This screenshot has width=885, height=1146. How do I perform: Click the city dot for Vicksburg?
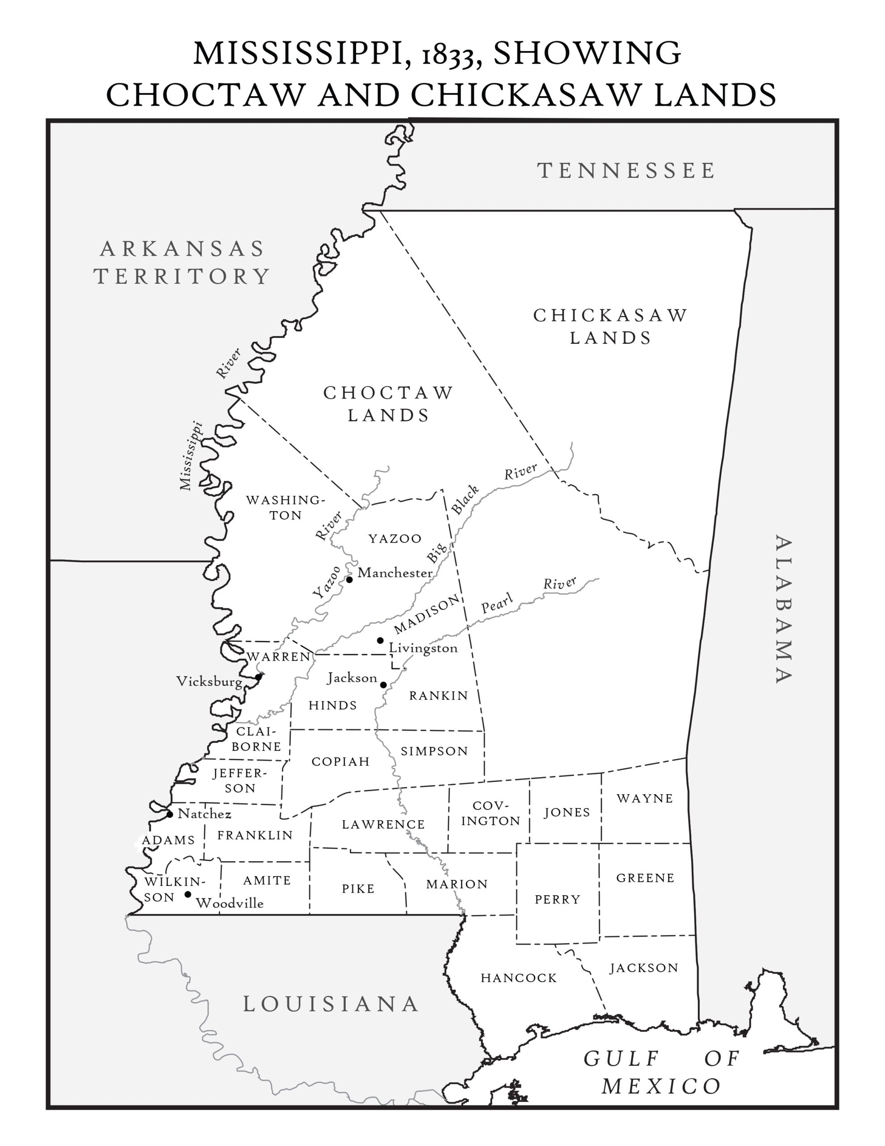pos(258,677)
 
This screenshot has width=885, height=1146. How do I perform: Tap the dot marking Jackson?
pos(383,685)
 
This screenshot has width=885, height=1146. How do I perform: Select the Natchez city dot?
pos(170,814)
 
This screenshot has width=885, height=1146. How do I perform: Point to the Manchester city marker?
pos(349,579)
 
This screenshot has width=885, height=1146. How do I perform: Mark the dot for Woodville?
pos(188,894)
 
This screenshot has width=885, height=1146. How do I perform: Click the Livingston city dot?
pos(380,640)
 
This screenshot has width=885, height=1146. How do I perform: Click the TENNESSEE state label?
pos(626,171)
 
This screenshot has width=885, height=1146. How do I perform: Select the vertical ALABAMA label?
pos(783,609)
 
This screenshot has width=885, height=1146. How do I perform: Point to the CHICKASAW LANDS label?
pos(611,326)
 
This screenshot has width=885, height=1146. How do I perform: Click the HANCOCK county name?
pos(518,978)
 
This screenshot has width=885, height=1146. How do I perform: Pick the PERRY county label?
pos(557,899)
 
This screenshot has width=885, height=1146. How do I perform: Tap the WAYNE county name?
pos(645,799)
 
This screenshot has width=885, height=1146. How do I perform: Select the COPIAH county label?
pos(340,761)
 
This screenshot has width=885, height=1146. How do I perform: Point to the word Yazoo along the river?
pos(326,582)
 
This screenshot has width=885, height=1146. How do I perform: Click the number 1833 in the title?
pos(452,55)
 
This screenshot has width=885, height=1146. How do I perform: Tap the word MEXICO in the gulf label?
pos(661,1086)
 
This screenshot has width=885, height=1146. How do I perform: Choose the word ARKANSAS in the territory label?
pos(182,249)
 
